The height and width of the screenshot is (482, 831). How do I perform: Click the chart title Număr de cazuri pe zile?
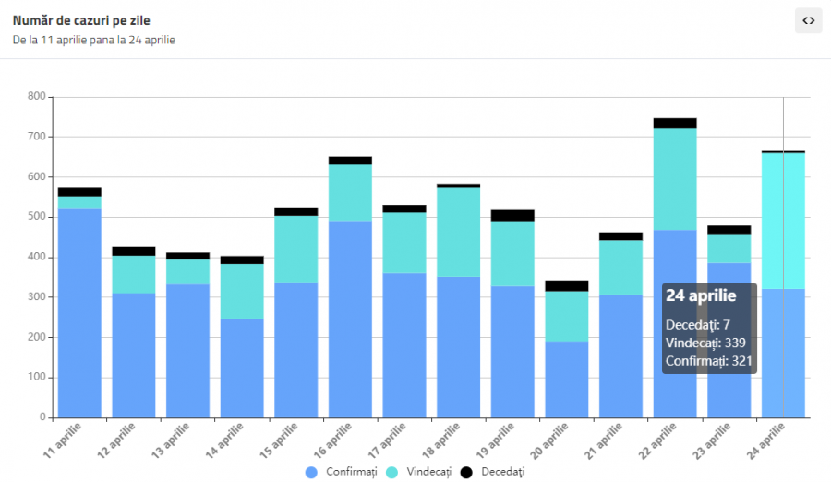coord(81,20)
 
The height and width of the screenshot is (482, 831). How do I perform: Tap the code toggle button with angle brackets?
coord(808,20)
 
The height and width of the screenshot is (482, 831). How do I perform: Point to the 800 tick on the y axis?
coord(37,96)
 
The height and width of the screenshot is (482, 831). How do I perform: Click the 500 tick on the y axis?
coord(37,217)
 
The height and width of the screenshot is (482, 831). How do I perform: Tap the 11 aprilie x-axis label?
coord(64,440)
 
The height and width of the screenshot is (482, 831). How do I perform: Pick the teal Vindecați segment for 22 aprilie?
coord(675,179)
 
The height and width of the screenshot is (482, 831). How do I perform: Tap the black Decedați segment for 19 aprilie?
coord(512,215)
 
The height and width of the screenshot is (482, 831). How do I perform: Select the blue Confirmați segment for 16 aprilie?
coord(350,319)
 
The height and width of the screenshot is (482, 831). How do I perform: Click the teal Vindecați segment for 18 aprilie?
coord(458,232)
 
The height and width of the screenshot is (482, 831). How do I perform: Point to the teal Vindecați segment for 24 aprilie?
coord(783,221)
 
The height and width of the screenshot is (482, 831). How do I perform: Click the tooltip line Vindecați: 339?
coord(705,343)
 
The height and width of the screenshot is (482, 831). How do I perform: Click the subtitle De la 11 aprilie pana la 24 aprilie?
coord(94,41)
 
